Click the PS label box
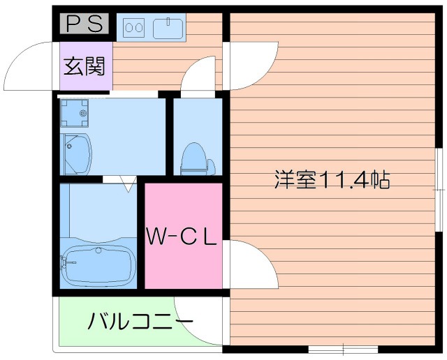(85, 24)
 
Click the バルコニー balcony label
(140, 322)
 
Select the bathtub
(98, 264)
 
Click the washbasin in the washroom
(78, 152)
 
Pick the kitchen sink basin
(166, 29)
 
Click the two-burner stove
(133, 29)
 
